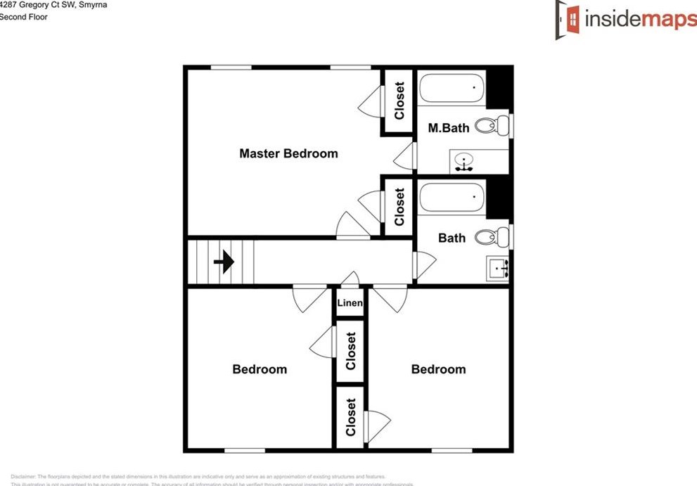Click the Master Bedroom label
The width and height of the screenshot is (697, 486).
[x=288, y=153]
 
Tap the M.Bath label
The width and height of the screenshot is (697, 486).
[x=449, y=128]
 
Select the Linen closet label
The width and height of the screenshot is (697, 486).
[x=350, y=304]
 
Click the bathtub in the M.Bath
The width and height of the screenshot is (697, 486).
[x=452, y=89]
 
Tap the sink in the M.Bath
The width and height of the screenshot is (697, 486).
[x=463, y=162]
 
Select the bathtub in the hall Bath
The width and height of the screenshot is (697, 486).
[x=452, y=198]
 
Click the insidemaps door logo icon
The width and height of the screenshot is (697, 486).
[x=568, y=19]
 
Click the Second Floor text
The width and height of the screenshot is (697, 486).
[x=24, y=17]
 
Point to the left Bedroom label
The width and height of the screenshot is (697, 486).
[x=260, y=369]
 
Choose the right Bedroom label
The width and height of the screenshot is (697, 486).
[x=438, y=369]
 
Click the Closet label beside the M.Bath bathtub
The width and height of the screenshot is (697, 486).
[x=399, y=101]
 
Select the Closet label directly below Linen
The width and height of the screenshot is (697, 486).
[x=350, y=351]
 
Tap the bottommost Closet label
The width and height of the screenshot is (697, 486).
[x=350, y=417]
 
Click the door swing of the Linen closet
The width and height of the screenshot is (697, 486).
[x=350, y=279]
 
